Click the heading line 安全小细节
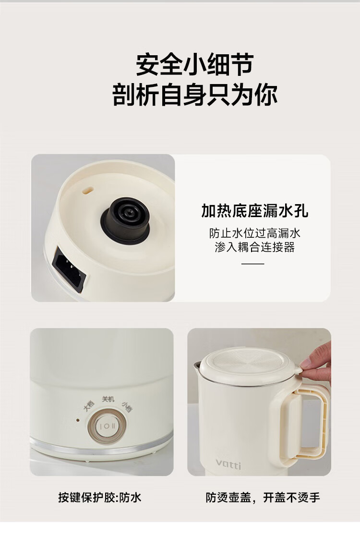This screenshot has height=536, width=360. (x=194, y=65)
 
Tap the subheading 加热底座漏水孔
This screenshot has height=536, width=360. (x=254, y=210)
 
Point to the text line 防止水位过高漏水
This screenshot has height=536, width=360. (x=254, y=233)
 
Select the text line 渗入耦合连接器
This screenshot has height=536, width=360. (x=254, y=247)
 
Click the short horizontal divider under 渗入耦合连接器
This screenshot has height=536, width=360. (x=253, y=264)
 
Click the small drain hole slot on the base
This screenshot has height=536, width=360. (x=88, y=189)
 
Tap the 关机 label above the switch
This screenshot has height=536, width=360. (x=108, y=399)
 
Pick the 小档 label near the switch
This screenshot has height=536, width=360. (x=127, y=406)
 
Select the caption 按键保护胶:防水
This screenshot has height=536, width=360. (x=99, y=498)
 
